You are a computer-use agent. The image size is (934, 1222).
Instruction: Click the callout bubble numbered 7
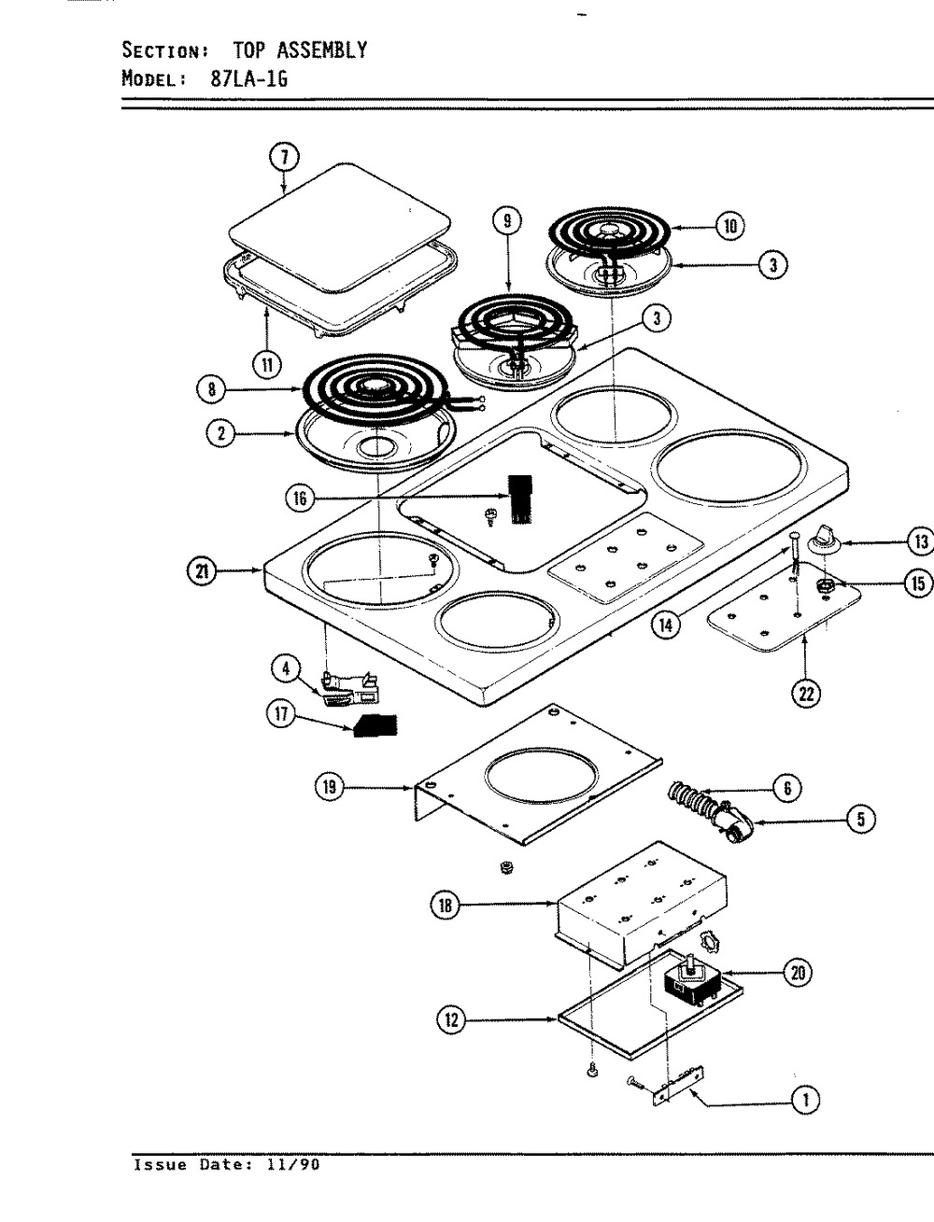pyautogui.click(x=283, y=157)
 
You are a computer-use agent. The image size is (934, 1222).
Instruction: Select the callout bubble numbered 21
pyautogui.click(x=201, y=571)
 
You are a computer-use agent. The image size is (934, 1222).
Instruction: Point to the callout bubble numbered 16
pyautogui.click(x=300, y=499)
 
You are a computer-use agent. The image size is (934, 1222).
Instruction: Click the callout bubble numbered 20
pyautogui.click(x=797, y=974)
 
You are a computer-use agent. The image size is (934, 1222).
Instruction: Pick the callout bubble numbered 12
pyautogui.click(x=452, y=1020)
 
